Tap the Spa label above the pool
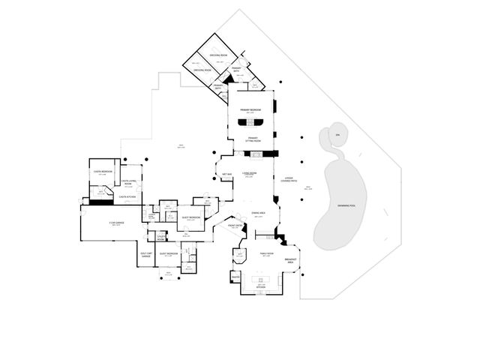[x=337, y=135]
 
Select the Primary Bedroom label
[x=250, y=110]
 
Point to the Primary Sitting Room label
[x=253, y=139]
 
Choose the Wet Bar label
[x=225, y=175]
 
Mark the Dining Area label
[x=256, y=214]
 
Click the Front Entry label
[x=234, y=225]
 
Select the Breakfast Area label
[x=291, y=260]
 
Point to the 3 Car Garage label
[x=115, y=223]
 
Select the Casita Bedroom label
[x=103, y=172]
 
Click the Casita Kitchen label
[x=127, y=197]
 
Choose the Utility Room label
[x=160, y=238]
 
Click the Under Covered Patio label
[x=289, y=181]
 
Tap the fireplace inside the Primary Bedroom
[x=250, y=122]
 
